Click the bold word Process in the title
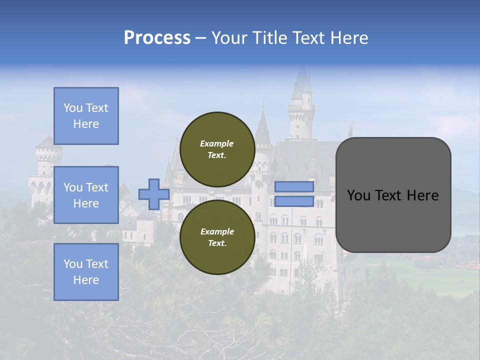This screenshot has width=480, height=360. pyautogui.click(x=157, y=38)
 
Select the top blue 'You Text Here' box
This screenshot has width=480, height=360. pyautogui.click(x=86, y=116)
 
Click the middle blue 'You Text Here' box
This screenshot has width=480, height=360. pyautogui.click(x=86, y=195)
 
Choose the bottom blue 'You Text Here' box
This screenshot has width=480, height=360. pyautogui.click(x=86, y=272)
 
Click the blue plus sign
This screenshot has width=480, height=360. pyautogui.click(x=154, y=194)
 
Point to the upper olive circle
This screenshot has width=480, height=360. pyautogui.click(x=217, y=149)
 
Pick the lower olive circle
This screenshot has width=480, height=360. pyautogui.click(x=217, y=237)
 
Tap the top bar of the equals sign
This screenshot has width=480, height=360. pyautogui.click(x=294, y=187)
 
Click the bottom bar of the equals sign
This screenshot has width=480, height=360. pyautogui.click(x=294, y=201)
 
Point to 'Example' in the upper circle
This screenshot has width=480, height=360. pyautogui.click(x=216, y=143)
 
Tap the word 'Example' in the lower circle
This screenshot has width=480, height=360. pyautogui.click(x=216, y=231)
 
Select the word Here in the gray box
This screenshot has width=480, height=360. pyautogui.click(x=422, y=195)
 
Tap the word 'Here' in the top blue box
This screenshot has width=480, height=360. pyautogui.click(x=86, y=124)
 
